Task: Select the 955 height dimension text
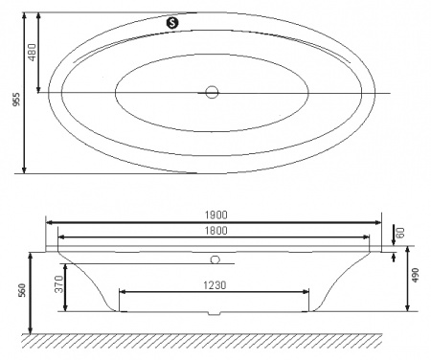click(12, 94)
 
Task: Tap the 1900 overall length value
click(215, 215)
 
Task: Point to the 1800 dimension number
click(215, 230)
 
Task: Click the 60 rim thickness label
click(402, 233)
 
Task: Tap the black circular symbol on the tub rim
click(172, 21)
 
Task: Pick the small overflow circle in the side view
click(215, 259)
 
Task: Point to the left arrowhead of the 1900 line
click(49, 223)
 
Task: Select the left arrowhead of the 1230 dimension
click(123, 290)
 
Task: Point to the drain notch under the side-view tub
click(215, 313)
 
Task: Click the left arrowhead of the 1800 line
click(61, 237)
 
